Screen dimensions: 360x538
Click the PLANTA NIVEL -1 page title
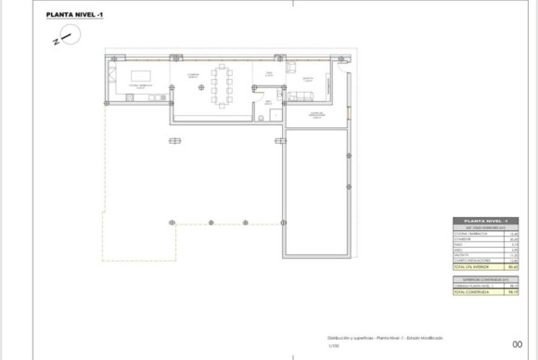75,15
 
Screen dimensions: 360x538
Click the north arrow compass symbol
69,35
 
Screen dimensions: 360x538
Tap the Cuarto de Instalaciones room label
314,113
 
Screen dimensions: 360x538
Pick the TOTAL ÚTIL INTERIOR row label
474,267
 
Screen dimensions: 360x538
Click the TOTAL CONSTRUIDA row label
472,292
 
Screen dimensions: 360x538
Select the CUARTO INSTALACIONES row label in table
473,261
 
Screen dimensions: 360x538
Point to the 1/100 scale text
333,347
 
